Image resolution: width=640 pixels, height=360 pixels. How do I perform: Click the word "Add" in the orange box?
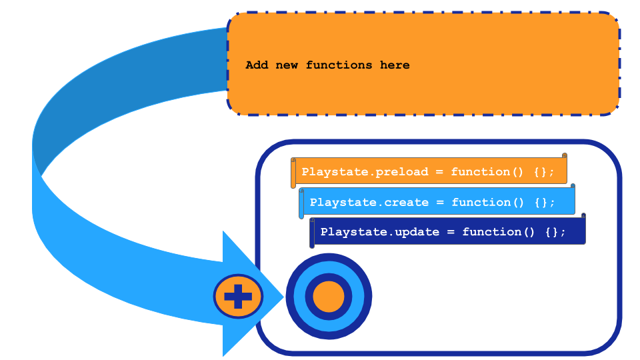[x=257, y=65]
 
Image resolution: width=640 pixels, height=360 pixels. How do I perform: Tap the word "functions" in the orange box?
[x=339, y=65]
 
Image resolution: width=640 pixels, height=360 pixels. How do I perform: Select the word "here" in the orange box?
[x=395, y=65]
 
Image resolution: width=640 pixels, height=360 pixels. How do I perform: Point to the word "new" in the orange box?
[x=287, y=65]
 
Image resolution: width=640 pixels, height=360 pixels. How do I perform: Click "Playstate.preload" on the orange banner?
[x=365, y=172]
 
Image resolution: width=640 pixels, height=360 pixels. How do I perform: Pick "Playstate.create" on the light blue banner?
[x=369, y=203]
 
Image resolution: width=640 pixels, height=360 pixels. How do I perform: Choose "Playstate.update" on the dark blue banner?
[x=379, y=232]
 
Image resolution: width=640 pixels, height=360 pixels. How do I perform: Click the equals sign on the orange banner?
[x=439, y=172]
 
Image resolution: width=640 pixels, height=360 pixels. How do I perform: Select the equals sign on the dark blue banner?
[x=451, y=232]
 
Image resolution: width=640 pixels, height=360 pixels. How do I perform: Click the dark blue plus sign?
[x=238, y=296]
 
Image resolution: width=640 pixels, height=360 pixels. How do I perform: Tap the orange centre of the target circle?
[x=329, y=296]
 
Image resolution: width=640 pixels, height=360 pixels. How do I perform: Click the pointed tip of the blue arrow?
[x=283, y=296]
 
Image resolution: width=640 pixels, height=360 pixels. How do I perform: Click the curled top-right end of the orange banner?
[x=565, y=155]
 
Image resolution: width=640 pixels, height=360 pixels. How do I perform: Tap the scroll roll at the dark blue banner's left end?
[x=312, y=233]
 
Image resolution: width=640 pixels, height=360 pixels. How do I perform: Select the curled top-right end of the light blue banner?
[x=573, y=186]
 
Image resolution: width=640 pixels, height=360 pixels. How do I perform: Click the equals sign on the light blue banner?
[x=440, y=203]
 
